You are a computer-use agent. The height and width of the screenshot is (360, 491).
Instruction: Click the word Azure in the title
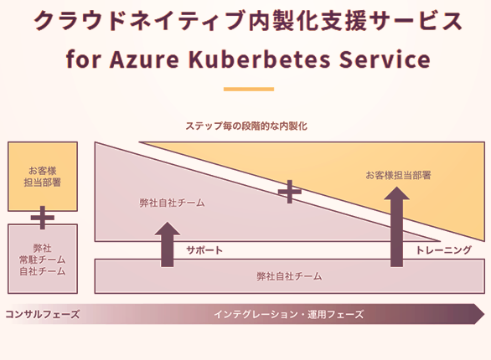point(144,59)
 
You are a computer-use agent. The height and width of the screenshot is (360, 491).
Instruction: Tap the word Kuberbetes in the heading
point(259,59)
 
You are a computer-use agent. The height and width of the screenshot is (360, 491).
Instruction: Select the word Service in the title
point(385,59)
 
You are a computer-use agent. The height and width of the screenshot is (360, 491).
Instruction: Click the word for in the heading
point(83,59)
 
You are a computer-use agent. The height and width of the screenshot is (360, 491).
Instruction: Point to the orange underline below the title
point(249,89)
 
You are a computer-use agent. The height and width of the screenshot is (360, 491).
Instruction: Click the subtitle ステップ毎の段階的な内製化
point(246,126)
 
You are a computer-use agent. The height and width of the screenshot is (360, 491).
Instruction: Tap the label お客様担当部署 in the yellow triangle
point(398,175)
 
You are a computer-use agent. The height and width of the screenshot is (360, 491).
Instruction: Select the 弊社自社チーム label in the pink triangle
point(173,203)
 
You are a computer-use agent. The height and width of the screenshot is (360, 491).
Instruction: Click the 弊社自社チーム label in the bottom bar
point(289,276)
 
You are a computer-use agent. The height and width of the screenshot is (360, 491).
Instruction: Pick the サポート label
point(204,250)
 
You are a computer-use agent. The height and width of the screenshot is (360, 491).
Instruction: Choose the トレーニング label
point(443,250)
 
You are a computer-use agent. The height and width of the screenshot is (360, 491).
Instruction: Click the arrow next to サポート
point(168,244)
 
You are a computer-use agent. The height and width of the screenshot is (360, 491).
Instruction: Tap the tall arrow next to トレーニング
point(397,227)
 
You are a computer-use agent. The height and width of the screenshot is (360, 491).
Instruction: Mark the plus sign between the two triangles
point(290,192)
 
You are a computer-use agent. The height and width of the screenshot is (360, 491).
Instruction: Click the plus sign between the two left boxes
point(43,218)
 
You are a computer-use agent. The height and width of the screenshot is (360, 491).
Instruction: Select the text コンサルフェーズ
point(43,314)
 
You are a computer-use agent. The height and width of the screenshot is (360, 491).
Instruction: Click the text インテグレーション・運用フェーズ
point(289,314)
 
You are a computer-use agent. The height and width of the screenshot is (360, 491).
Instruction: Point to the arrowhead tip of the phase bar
point(484,314)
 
